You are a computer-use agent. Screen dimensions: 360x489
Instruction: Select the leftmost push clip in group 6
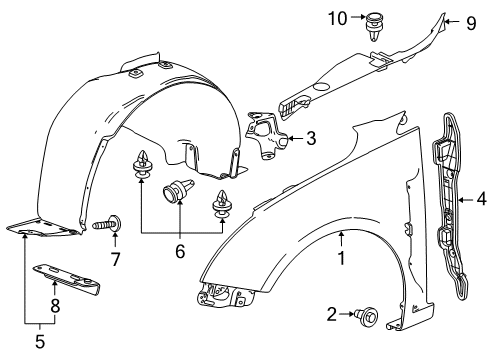tap(141, 164)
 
